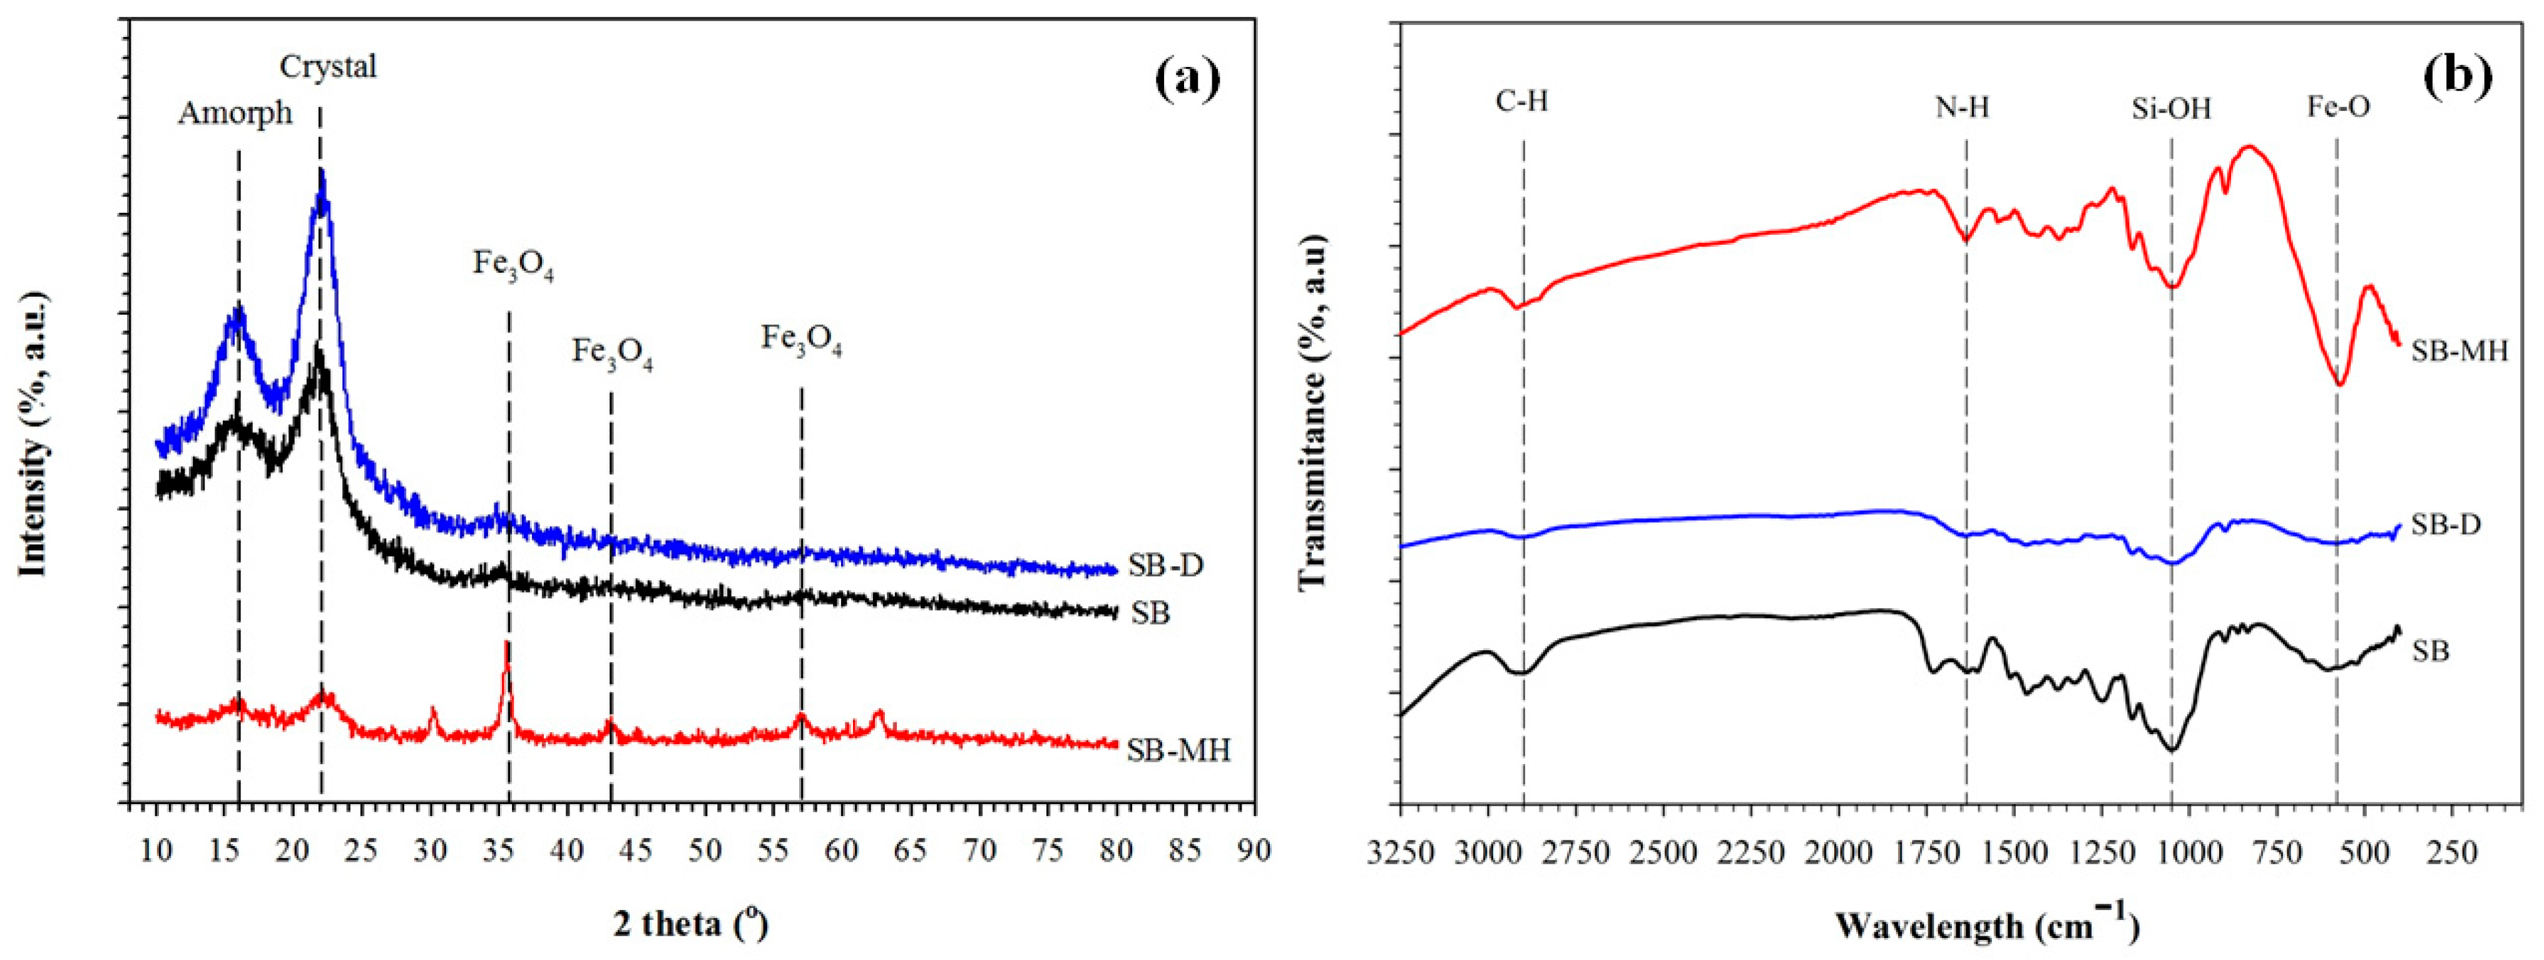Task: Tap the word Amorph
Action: click(235, 113)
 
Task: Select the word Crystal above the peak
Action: click(328, 67)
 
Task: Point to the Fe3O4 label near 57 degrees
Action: click(801, 340)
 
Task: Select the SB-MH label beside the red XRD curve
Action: click(1178, 750)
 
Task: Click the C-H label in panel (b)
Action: click(1521, 103)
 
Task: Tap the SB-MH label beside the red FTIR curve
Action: click(2459, 350)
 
